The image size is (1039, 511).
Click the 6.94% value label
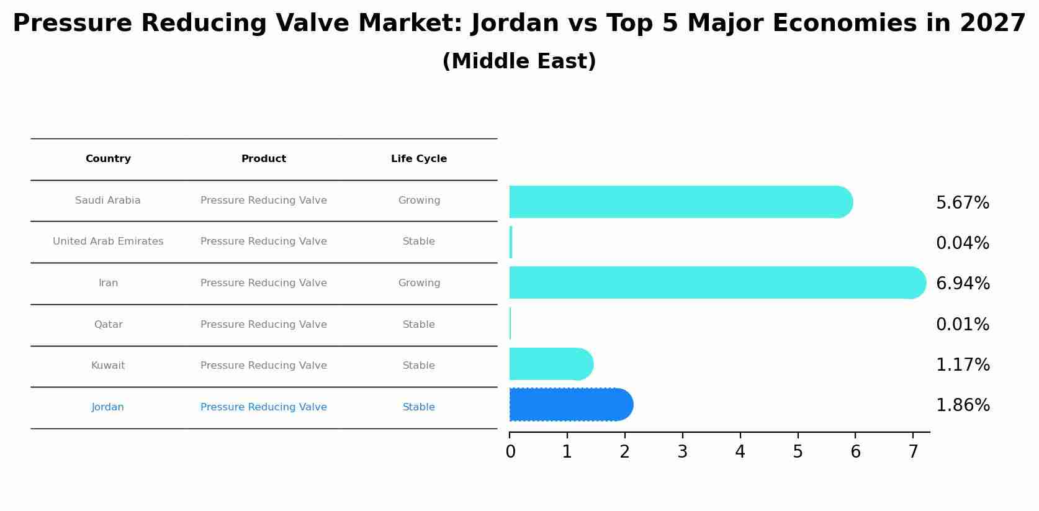pos(962,284)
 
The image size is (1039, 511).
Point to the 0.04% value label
pos(962,243)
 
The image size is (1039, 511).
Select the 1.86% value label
pos(962,405)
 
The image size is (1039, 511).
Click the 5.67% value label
pos(962,203)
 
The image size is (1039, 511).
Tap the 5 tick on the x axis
pos(798,452)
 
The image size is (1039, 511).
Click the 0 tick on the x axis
pos(510,452)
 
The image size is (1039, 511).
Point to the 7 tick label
pos(913,452)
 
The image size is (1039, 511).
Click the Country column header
pos(108,159)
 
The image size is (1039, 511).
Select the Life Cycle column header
pos(419,159)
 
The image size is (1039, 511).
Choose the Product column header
pos(264,159)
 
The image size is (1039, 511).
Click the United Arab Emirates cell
pos(108,242)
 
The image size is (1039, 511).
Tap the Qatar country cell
pos(108,325)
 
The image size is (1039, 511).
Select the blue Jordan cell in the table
pos(108,407)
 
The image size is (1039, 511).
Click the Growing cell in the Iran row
pos(419,283)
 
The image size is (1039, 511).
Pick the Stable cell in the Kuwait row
pos(419,366)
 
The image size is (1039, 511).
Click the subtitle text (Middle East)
pos(519,61)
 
